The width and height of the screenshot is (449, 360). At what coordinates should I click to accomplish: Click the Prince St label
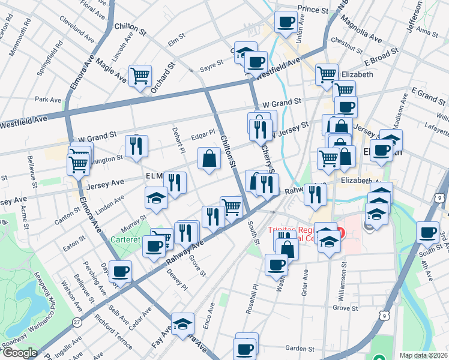313,10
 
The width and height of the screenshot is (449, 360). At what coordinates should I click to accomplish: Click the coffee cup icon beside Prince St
285,23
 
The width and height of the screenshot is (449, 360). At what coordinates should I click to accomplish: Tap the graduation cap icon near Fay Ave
182,324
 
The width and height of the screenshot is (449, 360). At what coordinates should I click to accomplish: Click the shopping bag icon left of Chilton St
209,159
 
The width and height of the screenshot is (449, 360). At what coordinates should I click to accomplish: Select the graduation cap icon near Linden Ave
156,198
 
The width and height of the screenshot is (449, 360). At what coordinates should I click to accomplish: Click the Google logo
20,353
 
